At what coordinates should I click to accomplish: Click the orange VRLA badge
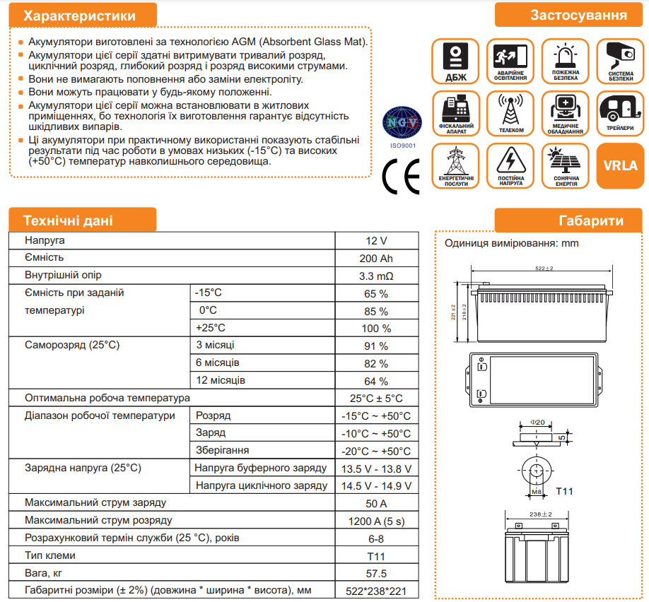tap(620, 166)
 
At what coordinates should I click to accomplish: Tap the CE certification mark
tap(400, 176)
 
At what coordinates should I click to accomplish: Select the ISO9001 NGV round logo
tap(401, 124)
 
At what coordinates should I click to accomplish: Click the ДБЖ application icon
tap(455, 61)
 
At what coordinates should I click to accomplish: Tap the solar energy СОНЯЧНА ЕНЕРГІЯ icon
tap(566, 166)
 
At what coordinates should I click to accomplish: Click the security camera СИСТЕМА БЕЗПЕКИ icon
tap(620, 61)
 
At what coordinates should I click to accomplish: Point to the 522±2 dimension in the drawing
tap(544, 268)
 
